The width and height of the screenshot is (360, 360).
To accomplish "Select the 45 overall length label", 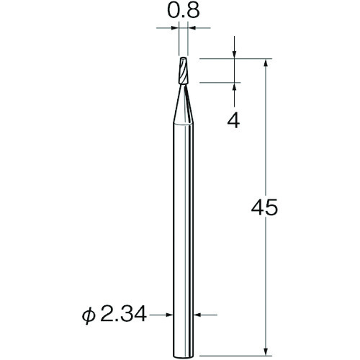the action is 264,207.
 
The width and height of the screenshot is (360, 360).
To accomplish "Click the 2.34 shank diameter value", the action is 123,314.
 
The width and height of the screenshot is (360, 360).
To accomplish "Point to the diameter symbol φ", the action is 88,316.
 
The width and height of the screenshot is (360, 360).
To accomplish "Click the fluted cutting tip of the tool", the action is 184,71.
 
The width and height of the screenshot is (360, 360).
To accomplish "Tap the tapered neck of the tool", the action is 184,104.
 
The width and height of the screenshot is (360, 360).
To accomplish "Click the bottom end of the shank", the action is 184,356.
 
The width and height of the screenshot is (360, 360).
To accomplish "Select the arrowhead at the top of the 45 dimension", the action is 266,63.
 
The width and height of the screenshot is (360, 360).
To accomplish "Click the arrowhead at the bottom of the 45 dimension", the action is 266,351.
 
